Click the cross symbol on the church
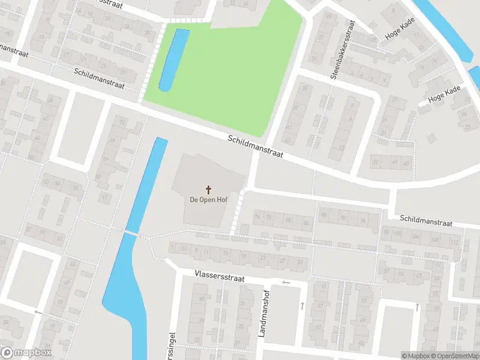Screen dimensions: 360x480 click(209, 189)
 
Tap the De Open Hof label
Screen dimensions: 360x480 click(208, 200)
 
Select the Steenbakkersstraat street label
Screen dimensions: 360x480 click(343, 50)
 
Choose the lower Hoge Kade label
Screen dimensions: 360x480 click(444, 94)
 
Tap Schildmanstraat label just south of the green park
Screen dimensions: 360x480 click(255, 147)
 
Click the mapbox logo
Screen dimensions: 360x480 click(26, 353)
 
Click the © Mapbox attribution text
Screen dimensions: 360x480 click(416, 356)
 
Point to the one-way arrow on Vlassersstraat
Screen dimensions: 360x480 click(286, 282)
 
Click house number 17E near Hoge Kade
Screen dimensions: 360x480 click(373, 40)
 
